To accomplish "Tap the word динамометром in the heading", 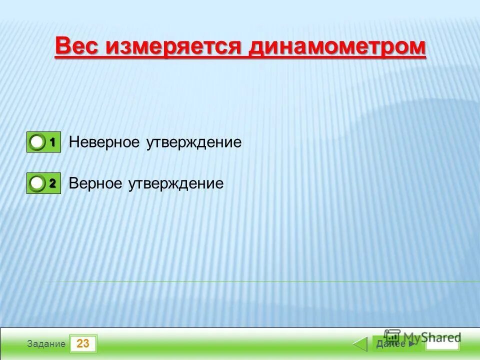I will click(337, 47).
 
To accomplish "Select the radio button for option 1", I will click(37, 142).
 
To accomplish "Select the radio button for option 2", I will click(37, 184).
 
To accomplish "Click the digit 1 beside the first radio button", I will click(52, 142).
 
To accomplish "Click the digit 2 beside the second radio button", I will click(52, 184).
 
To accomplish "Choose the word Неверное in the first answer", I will click(104, 142).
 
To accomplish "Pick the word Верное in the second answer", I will click(95, 184).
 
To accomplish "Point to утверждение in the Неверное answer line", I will click(194, 142).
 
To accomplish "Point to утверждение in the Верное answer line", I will click(175, 184).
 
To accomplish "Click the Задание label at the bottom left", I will click(46, 344).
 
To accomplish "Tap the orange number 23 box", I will click(83, 344).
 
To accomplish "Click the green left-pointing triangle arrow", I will click(360, 344).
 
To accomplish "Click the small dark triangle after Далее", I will click(411, 344).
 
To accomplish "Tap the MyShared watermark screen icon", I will click(392, 336).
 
